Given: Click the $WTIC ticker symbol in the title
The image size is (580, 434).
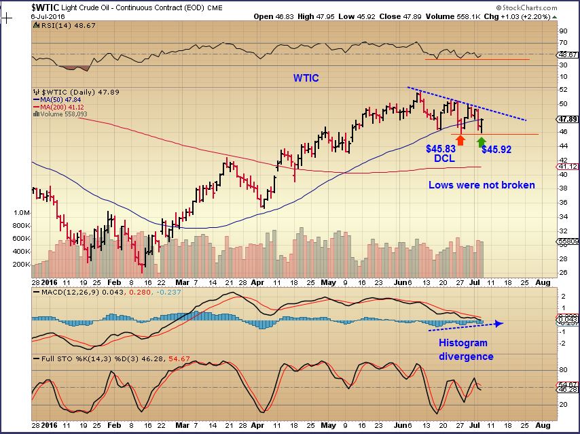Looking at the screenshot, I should pos(47,7).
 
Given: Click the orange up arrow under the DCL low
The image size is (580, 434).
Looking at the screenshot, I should pos(460,139).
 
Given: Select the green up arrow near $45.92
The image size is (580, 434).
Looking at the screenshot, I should pos(482,142).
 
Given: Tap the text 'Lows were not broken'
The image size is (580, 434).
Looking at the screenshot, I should pos(482,184).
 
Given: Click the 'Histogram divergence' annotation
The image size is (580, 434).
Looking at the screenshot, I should pos(465,350).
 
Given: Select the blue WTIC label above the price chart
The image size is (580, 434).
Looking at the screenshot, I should pos(306,78).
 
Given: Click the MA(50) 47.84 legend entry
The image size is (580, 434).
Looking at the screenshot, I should pos(60,99).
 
